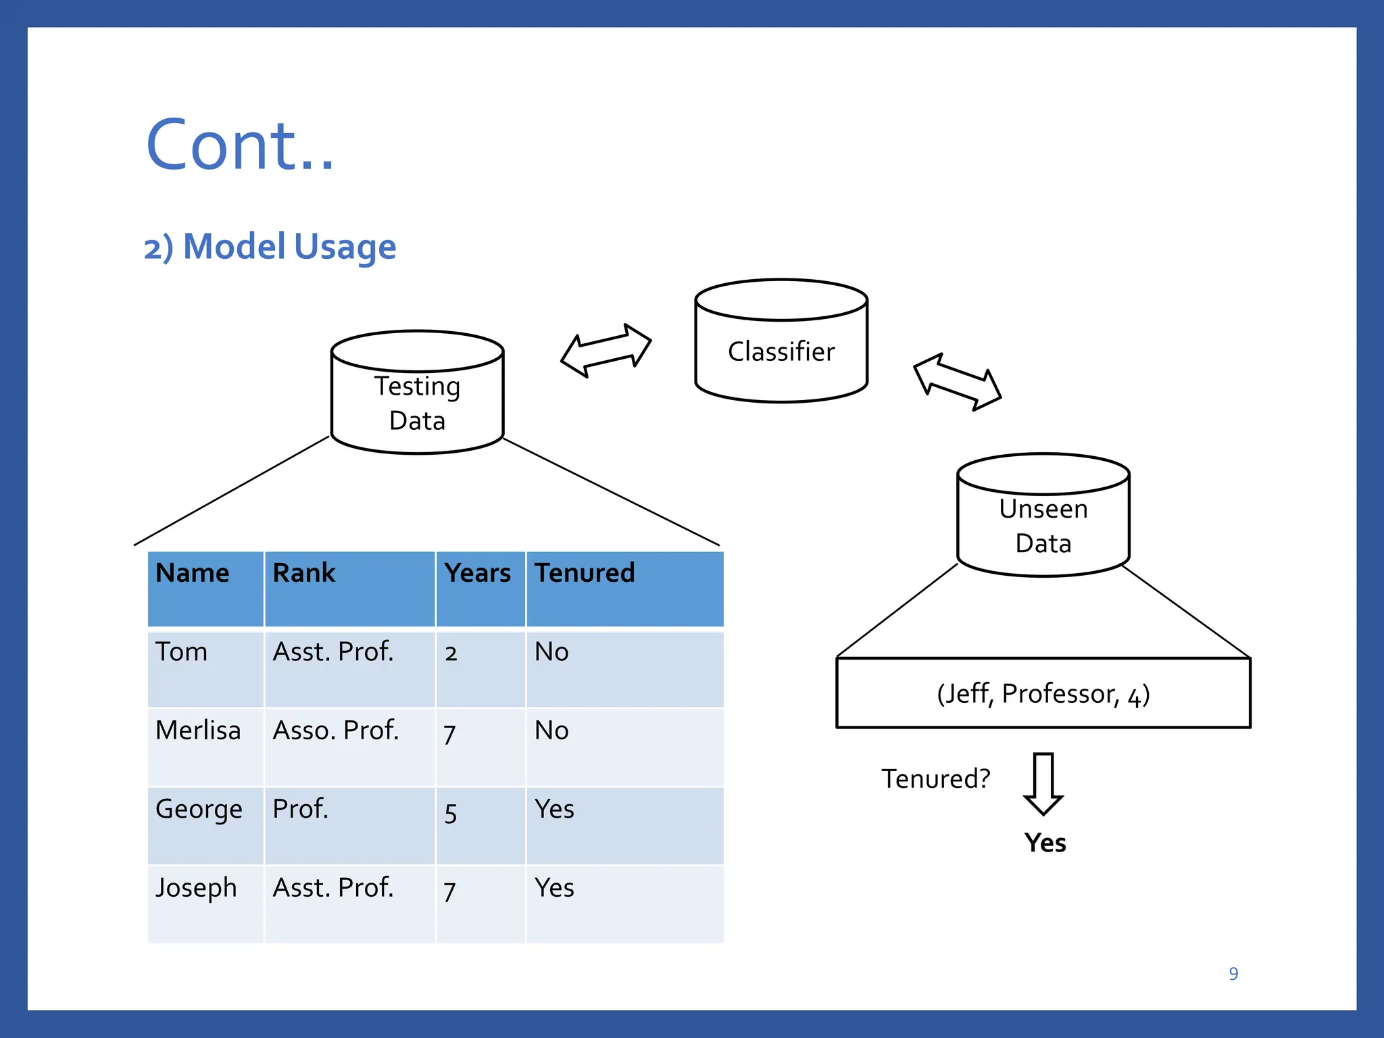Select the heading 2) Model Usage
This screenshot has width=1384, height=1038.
click(270, 247)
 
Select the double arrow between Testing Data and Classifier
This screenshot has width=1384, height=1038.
click(606, 350)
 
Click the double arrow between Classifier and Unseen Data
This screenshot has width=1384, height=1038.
click(957, 382)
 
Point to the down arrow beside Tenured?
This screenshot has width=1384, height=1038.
click(1043, 784)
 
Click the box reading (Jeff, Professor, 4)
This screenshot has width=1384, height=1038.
click(1043, 693)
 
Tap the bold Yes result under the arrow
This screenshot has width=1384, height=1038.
click(1045, 843)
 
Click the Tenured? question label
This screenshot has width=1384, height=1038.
click(935, 779)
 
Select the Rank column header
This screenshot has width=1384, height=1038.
click(304, 573)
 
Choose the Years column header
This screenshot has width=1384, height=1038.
click(477, 573)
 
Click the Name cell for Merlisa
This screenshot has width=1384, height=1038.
click(198, 731)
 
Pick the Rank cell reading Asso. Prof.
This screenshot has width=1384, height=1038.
click(336, 731)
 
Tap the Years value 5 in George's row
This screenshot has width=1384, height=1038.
click(451, 814)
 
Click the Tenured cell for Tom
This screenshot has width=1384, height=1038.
click(551, 652)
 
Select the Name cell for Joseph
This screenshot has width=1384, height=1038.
click(196, 888)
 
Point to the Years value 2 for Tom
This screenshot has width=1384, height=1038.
click(451, 653)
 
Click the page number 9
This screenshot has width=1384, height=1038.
click(1233, 974)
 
